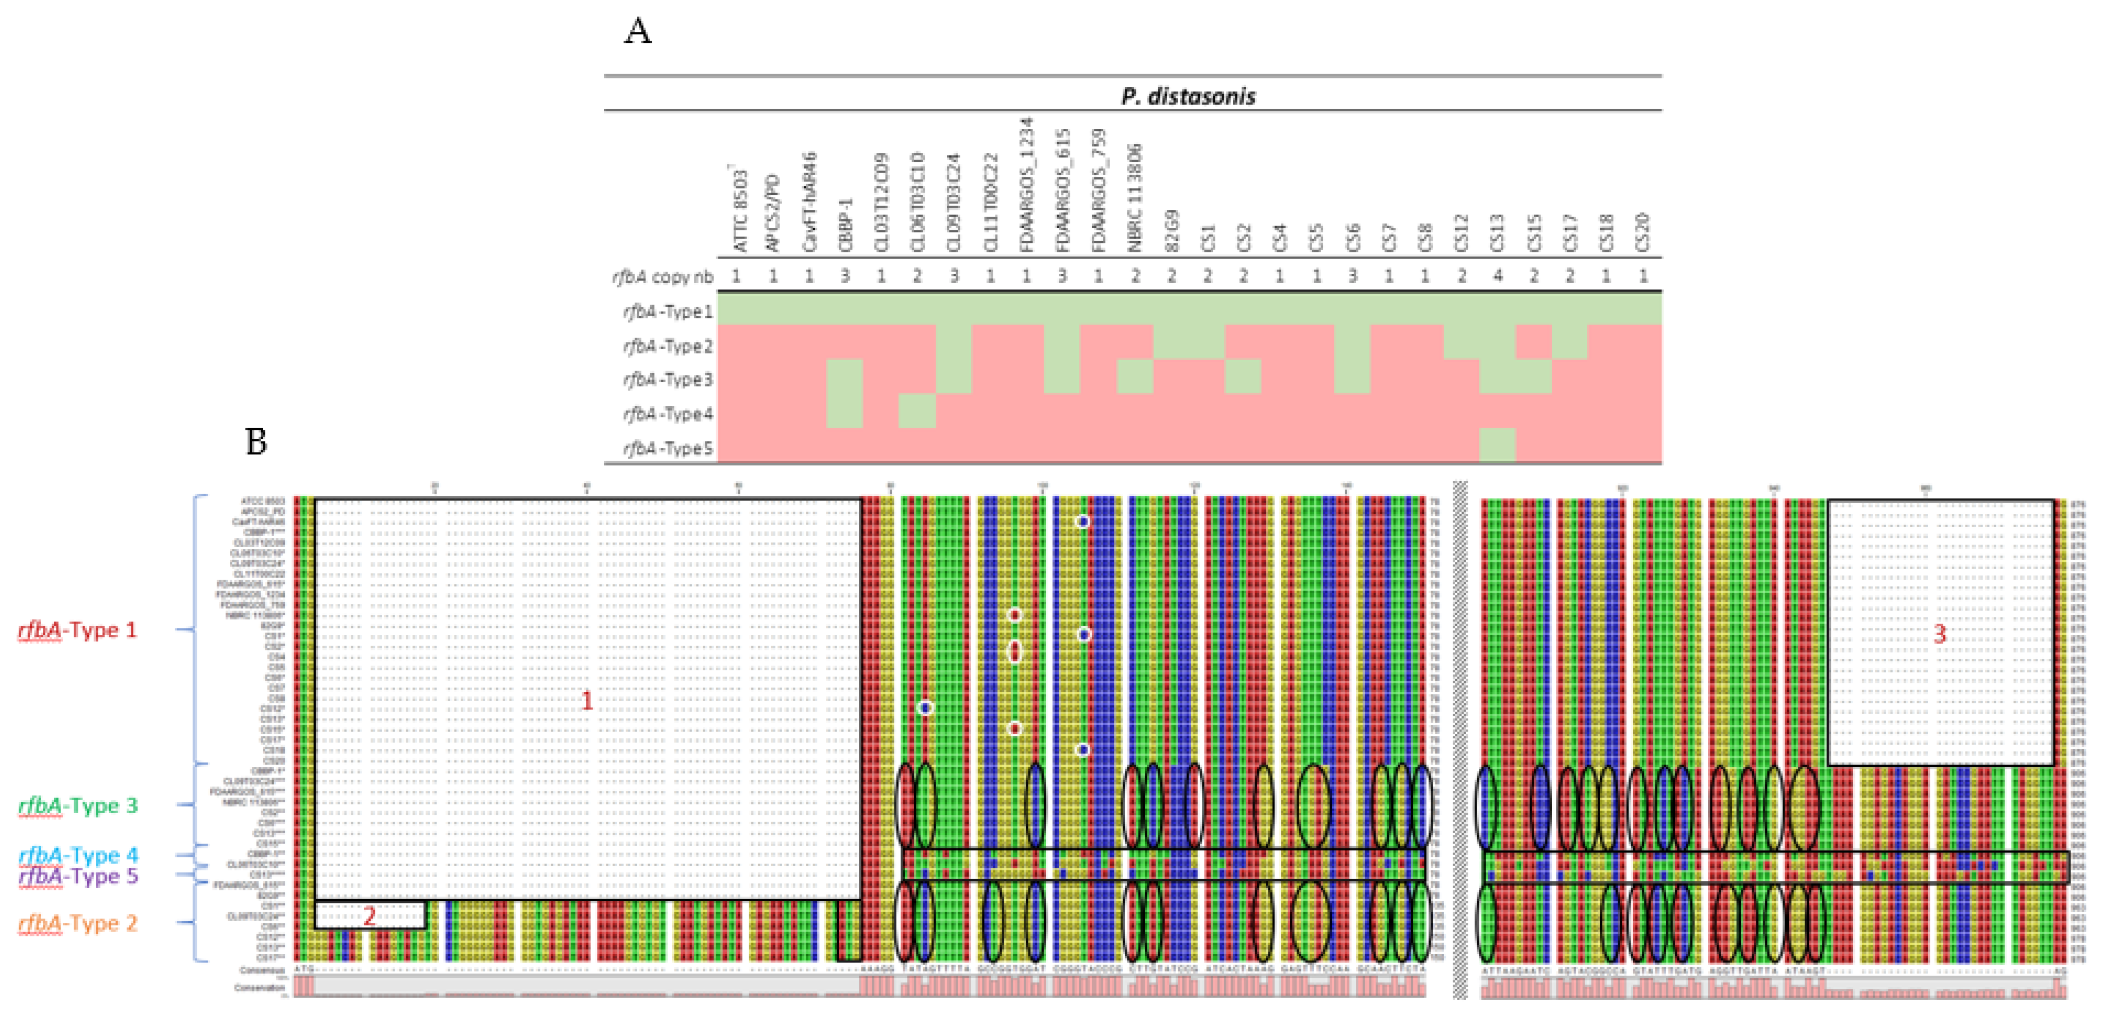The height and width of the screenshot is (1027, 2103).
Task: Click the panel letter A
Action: (x=638, y=32)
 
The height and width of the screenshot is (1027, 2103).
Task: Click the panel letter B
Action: (x=257, y=442)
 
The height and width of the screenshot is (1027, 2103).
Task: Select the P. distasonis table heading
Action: (x=1188, y=96)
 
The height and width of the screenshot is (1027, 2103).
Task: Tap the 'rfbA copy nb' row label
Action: (x=662, y=277)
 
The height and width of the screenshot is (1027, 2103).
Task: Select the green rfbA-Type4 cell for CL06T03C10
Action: (x=917, y=411)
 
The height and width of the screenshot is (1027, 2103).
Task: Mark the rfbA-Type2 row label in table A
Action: (x=668, y=346)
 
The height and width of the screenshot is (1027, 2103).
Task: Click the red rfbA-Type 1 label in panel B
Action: (x=78, y=629)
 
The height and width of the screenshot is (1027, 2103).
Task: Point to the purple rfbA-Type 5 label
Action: (x=78, y=876)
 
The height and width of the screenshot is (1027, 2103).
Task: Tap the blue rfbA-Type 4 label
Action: (x=78, y=855)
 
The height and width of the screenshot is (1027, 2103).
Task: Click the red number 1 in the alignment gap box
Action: (x=586, y=700)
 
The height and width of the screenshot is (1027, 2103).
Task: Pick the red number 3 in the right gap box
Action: (x=1940, y=633)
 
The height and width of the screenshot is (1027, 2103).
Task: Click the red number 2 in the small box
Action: (x=369, y=916)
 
